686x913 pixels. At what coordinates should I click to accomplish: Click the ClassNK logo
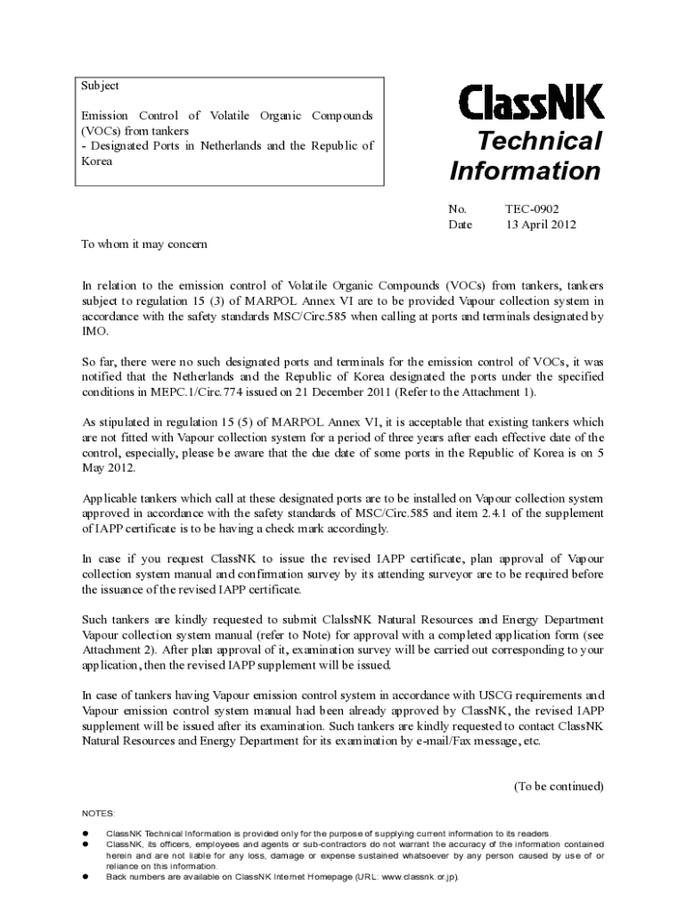tap(530, 102)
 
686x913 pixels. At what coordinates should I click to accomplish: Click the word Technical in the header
tap(537, 141)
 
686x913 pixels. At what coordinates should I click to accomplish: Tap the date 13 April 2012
tap(541, 225)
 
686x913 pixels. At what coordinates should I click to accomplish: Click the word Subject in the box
tap(100, 86)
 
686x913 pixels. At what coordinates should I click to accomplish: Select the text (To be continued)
tap(559, 786)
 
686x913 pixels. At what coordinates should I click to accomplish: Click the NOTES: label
tap(98, 814)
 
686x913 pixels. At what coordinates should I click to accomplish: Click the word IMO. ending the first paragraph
tap(94, 331)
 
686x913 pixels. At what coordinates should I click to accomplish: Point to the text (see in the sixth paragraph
tap(592, 635)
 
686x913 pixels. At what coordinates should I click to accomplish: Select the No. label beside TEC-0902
tap(457, 209)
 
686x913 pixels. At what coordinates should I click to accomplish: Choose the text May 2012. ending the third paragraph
tap(109, 468)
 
